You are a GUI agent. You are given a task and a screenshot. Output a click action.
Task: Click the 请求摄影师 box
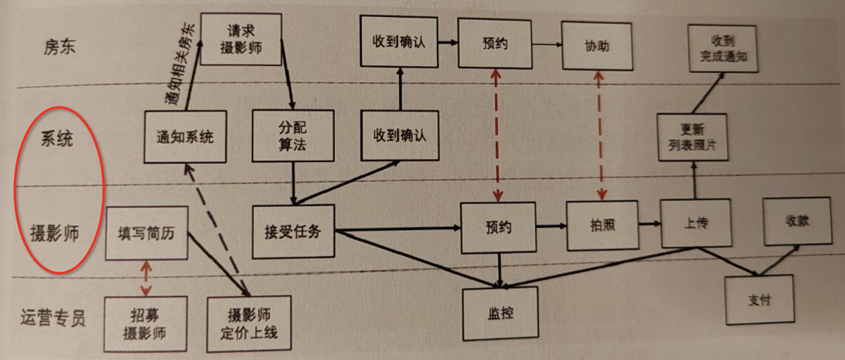(x=241, y=39)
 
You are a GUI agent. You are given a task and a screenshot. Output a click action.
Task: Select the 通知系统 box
(x=185, y=137)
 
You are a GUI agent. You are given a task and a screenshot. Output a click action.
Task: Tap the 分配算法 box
(x=293, y=136)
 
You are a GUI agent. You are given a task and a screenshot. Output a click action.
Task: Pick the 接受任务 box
(x=293, y=232)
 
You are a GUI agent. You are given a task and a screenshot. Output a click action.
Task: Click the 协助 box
(x=597, y=46)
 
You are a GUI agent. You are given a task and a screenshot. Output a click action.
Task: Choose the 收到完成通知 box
(x=723, y=48)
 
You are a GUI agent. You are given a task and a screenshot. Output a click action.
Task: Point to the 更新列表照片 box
(x=692, y=137)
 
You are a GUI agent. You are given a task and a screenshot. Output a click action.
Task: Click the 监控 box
(x=500, y=313)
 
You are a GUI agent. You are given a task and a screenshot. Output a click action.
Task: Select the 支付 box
(x=760, y=300)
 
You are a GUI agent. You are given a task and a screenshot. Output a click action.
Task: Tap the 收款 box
(x=797, y=221)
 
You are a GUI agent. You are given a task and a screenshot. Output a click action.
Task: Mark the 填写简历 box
(x=146, y=233)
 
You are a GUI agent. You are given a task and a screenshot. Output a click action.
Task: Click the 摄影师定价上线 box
(x=249, y=324)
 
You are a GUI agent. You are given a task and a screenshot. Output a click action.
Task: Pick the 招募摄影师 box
(x=145, y=324)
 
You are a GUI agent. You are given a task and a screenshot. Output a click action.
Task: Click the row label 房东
(x=60, y=47)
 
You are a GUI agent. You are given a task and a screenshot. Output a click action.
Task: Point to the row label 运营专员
(x=53, y=317)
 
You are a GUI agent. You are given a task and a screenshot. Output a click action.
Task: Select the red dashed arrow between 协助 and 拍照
(x=600, y=135)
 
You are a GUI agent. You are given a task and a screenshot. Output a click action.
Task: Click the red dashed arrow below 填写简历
(x=146, y=278)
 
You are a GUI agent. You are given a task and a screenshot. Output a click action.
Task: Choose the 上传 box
(x=696, y=223)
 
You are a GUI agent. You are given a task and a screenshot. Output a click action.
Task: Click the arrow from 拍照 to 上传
(x=649, y=224)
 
